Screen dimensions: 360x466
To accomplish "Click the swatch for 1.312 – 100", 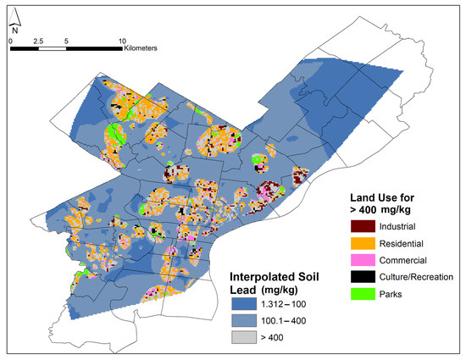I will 245,304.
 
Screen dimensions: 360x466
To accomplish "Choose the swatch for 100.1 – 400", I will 245,321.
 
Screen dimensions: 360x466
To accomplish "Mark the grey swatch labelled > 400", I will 245,338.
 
